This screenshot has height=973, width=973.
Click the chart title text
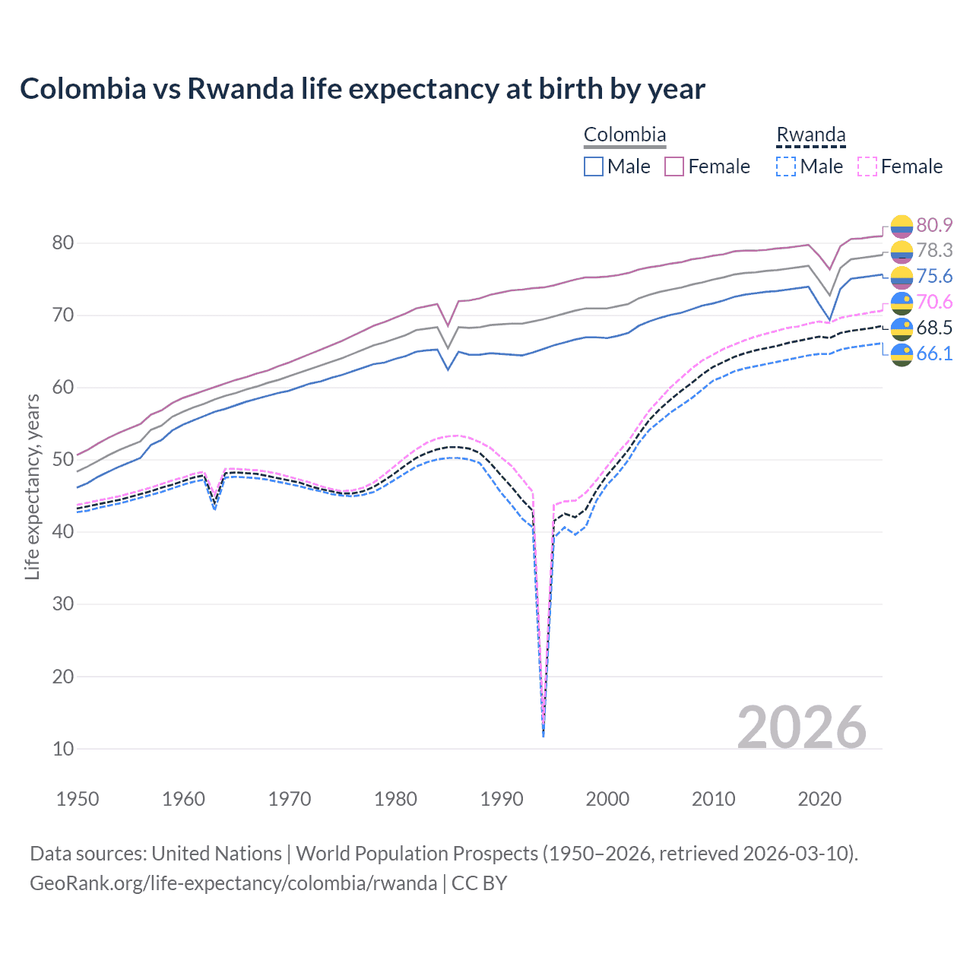click(362, 89)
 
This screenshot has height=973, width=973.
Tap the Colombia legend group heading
click(624, 135)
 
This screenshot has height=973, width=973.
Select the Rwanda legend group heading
click(810, 135)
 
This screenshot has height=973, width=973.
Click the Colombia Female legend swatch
click(674, 166)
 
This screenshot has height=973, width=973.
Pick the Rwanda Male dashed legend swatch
click(786, 166)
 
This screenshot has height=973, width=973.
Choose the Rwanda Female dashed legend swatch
click(867, 166)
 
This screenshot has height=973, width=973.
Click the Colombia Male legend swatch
click(594, 166)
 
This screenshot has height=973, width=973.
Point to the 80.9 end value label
click(934, 225)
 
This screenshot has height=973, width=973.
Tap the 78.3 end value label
click(934, 251)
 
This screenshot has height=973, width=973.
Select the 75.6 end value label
click(934, 277)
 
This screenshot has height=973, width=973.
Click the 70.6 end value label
click(934, 303)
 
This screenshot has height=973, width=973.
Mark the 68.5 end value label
click(934, 328)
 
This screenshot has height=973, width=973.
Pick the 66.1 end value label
click(934, 353)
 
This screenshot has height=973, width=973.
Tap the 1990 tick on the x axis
click(502, 799)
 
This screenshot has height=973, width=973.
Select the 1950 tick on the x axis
click(78, 799)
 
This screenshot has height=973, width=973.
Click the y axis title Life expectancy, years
click(32, 486)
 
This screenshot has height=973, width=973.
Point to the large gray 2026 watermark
click(801, 727)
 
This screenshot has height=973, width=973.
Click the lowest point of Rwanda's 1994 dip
click(543, 736)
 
